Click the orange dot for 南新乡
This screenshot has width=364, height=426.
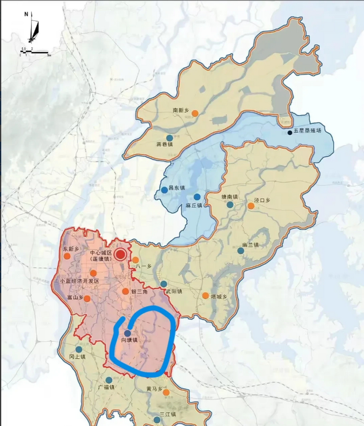tap(195, 113)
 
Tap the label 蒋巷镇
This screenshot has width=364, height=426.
tap(165, 145)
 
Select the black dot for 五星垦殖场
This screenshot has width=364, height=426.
tap(290, 133)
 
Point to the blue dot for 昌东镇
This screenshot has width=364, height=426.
tap(164, 190)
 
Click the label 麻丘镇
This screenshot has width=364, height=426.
tap(194, 205)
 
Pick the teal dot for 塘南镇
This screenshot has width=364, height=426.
tap(230, 205)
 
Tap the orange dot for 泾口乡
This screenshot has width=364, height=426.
tap(251, 206)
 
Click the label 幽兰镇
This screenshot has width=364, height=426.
tap(251, 245)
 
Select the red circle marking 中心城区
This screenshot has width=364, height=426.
tap(120, 255)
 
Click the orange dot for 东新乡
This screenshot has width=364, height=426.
tap(67, 256)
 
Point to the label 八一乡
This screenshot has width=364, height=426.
tap(144, 266)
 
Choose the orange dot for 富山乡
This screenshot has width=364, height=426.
tap(87, 299)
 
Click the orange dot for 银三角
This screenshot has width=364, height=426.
tap(125, 292)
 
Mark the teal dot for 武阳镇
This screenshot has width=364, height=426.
tap(164, 284)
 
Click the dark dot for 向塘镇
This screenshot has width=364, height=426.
tap(127, 333)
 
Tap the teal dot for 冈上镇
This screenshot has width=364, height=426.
tap(79, 349)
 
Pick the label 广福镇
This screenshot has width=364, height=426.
tap(106, 387)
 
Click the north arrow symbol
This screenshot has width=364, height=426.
tap(33, 28)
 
